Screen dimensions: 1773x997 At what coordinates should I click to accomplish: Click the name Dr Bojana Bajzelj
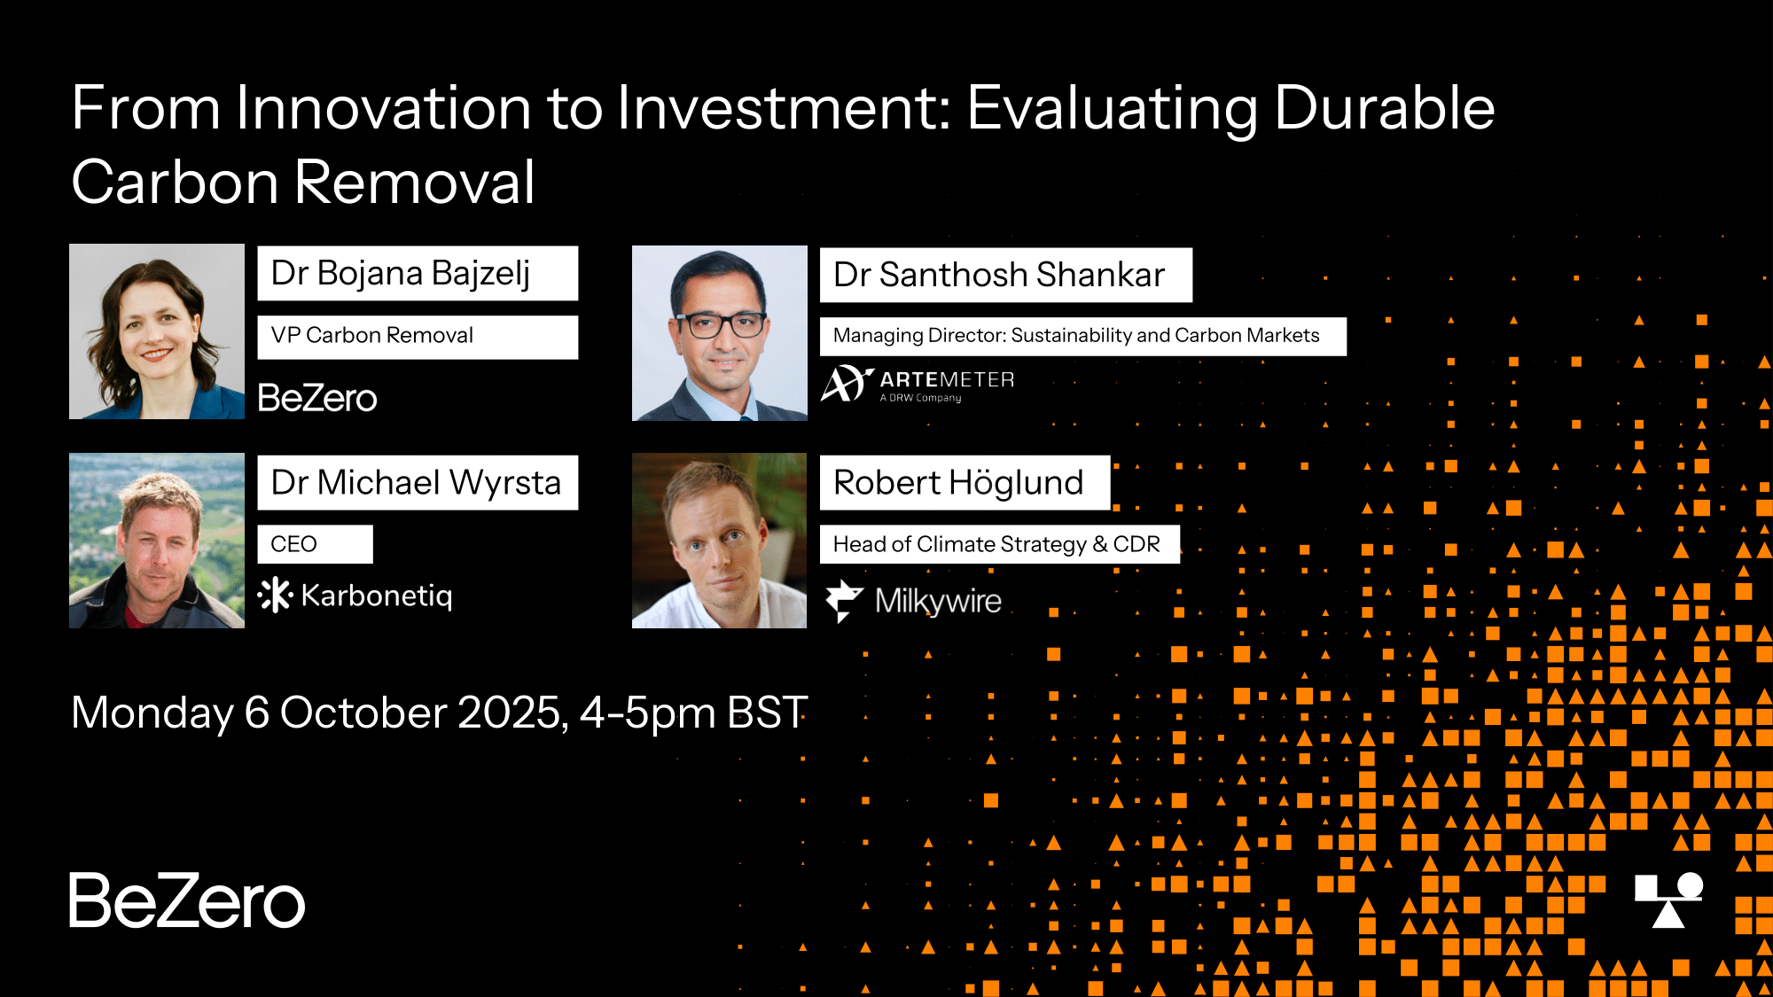coord(401,274)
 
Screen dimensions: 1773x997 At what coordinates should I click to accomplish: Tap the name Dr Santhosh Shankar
coord(999,275)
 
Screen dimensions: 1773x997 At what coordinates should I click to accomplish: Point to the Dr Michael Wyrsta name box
coord(418,482)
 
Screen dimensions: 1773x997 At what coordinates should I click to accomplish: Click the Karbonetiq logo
coord(355,596)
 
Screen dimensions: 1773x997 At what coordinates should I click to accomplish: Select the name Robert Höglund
coord(958,483)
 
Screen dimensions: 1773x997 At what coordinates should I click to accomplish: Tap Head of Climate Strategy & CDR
coord(996,544)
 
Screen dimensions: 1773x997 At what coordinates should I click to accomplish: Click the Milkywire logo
coord(913,601)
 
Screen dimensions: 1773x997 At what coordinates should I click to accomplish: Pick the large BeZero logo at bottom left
coord(187,900)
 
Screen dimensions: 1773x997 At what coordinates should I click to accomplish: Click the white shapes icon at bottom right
coord(1668,900)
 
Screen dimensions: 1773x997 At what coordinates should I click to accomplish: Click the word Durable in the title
coord(1385,108)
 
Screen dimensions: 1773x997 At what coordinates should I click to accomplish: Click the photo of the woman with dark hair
coord(157,331)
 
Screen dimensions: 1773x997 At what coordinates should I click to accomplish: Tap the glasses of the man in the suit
coord(720,324)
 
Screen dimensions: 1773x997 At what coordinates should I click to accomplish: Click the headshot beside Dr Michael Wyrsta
coord(157,541)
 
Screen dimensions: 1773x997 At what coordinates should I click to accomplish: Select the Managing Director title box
coord(1083,337)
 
